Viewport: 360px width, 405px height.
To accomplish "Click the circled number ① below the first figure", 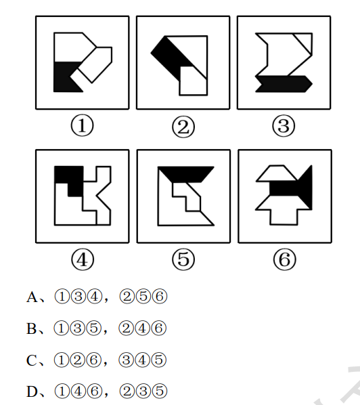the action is (x=82, y=126).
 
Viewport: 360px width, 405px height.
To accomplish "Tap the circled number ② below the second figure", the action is (x=183, y=127).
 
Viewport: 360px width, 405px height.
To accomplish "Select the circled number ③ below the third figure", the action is (x=284, y=126).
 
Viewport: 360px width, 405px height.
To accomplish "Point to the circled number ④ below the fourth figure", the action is (x=83, y=259).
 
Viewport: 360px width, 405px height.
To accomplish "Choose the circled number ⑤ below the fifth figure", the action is (x=183, y=259).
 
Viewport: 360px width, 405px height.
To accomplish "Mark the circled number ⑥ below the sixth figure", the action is (x=284, y=259).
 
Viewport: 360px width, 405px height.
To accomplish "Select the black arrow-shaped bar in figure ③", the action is (x=284, y=84).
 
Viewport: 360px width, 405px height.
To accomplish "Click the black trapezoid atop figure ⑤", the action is (x=186, y=174).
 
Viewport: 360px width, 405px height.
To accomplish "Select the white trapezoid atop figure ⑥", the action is (x=276, y=173).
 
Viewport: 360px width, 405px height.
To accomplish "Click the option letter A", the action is (x=32, y=297).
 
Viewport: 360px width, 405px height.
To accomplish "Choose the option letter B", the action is (x=32, y=328).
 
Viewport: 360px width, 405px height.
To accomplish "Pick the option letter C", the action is (x=32, y=360).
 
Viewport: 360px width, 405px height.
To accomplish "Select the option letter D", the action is (x=32, y=391).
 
